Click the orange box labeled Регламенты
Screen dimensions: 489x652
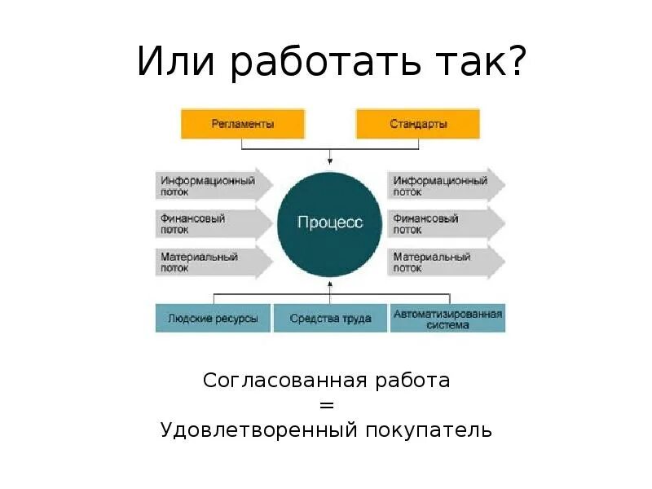[x=242, y=125]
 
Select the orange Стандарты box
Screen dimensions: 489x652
[x=418, y=125]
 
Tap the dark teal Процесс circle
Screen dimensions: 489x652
[x=329, y=222]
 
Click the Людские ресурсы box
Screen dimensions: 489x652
[x=213, y=318]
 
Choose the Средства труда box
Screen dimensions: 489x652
[x=330, y=318]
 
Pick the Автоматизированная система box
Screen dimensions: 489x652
[x=447, y=318]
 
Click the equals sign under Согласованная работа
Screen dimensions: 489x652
[x=327, y=405]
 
